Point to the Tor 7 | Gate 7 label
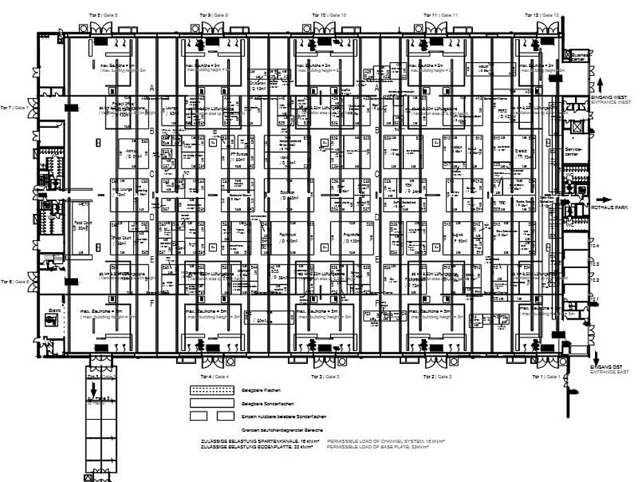tap(15, 108)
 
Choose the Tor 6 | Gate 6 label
tap(15, 281)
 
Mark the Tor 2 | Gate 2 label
tap(437, 376)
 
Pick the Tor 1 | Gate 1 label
tap(546, 376)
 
